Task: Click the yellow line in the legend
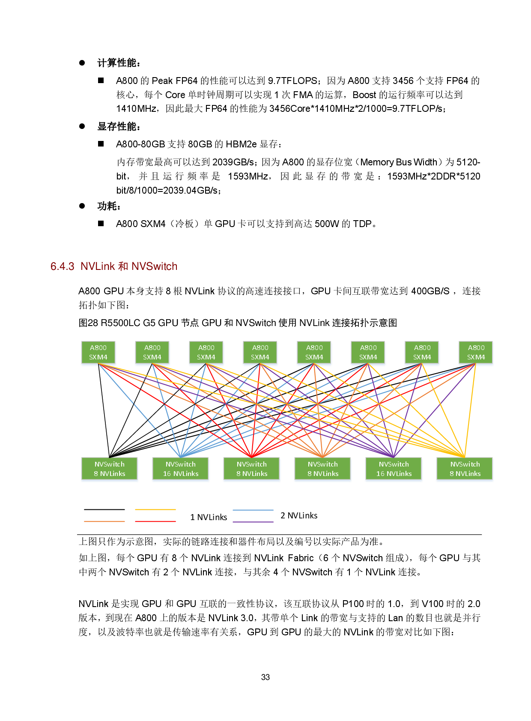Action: pyautogui.click(x=155, y=509)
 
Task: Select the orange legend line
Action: pyautogui.click(x=104, y=521)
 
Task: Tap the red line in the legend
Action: pyautogui.click(x=155, y=521)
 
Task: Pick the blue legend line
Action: pyautogui.click(x=253, y=510)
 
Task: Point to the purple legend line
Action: pyautogui.click(x=253, y=522)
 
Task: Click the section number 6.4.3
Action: pyautogui.click(x=63, y=266)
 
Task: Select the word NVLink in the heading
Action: pyautogui.click(x=98, y=266)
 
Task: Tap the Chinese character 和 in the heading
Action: pyautogui.click(x=123, y=266)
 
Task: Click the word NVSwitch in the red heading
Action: pyautogui.click(x=155, y=266)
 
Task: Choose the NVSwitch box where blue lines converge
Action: pyautogui.click(x=181, y=469)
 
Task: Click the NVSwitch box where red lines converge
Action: pyautogui.click(x=252, y=469)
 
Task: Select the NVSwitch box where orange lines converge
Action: pyautogui.click(x=323, y=469)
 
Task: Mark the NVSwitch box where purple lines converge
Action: pyautogui.click(x=394, y=469)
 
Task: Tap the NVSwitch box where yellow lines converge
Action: pyautogui.click(x=465, y=469)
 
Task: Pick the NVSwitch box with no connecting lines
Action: pyautogui.click(x=110, y=469)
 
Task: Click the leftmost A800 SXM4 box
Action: pyautogui.click(x=98, y=353)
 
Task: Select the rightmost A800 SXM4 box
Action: pyautogui.click(x=476, y=353)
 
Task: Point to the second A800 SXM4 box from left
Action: pyautogui.click(x=152, y=353)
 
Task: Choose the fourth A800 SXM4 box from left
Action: pyautogui.click(x=260, y=353)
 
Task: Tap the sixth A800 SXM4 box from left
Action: pyautogui.click(x=368, y=353)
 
